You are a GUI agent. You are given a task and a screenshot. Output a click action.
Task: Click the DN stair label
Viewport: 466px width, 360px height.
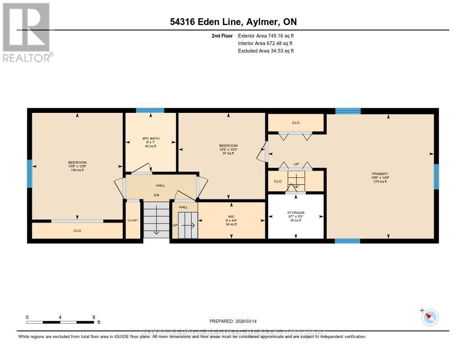pos(156,195)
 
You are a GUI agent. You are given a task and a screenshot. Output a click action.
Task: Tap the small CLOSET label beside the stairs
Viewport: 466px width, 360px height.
pos(132,220)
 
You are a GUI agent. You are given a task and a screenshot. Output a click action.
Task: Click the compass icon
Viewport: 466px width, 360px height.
pos(430,317)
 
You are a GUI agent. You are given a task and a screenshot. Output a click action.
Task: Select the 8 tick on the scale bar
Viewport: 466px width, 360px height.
pos(93,317)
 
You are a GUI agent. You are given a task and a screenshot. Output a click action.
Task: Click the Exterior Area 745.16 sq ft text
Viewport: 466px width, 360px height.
pos(268,35)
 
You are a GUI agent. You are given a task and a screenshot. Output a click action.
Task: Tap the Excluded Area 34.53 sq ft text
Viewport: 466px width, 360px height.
pos(266,51)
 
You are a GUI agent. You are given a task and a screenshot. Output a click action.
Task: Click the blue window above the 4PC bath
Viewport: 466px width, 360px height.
pos(150,110)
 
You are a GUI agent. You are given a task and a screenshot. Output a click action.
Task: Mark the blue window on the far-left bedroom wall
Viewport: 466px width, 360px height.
pos(30,173)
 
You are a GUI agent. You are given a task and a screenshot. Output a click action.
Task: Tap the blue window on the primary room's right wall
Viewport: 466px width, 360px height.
pos(436,177)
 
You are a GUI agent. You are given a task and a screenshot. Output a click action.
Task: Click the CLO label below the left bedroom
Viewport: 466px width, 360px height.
pos(77,231)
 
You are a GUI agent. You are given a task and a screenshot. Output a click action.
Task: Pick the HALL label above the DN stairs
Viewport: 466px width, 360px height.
pos(160,185)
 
